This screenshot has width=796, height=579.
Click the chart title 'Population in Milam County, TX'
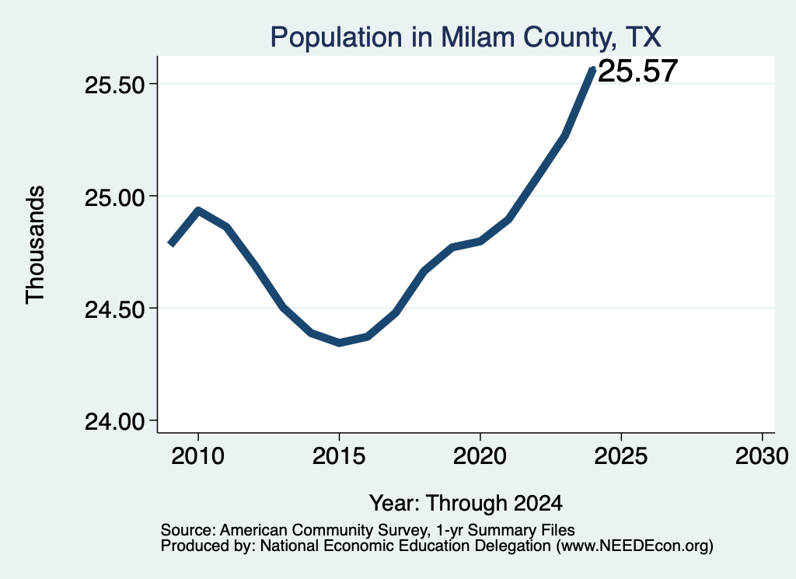point(466,37)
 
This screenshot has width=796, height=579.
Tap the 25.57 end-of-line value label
point(638,71)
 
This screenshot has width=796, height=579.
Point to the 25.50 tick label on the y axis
point(115,84)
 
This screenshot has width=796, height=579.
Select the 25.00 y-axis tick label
point(115,197)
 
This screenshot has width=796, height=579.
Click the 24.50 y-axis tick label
point(115,309)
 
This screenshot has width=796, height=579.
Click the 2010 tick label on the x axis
point(198,455)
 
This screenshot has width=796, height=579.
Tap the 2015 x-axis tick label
point(339,455)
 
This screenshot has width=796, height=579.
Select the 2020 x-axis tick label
point(480,455)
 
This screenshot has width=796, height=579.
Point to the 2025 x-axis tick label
point(621,455)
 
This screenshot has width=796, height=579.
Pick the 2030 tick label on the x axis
point(762,455)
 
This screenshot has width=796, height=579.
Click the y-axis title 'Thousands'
point(36,245)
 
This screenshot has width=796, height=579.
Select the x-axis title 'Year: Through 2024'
point(466,503)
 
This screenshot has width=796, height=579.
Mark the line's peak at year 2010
point(198,211)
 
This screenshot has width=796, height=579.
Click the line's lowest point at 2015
point(339,343)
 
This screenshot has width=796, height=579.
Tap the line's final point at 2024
point(592,68)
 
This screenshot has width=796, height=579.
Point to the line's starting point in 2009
point(170,245)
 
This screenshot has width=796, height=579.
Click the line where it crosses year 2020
point(480,241)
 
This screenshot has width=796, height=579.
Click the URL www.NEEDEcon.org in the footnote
point(634,546)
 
